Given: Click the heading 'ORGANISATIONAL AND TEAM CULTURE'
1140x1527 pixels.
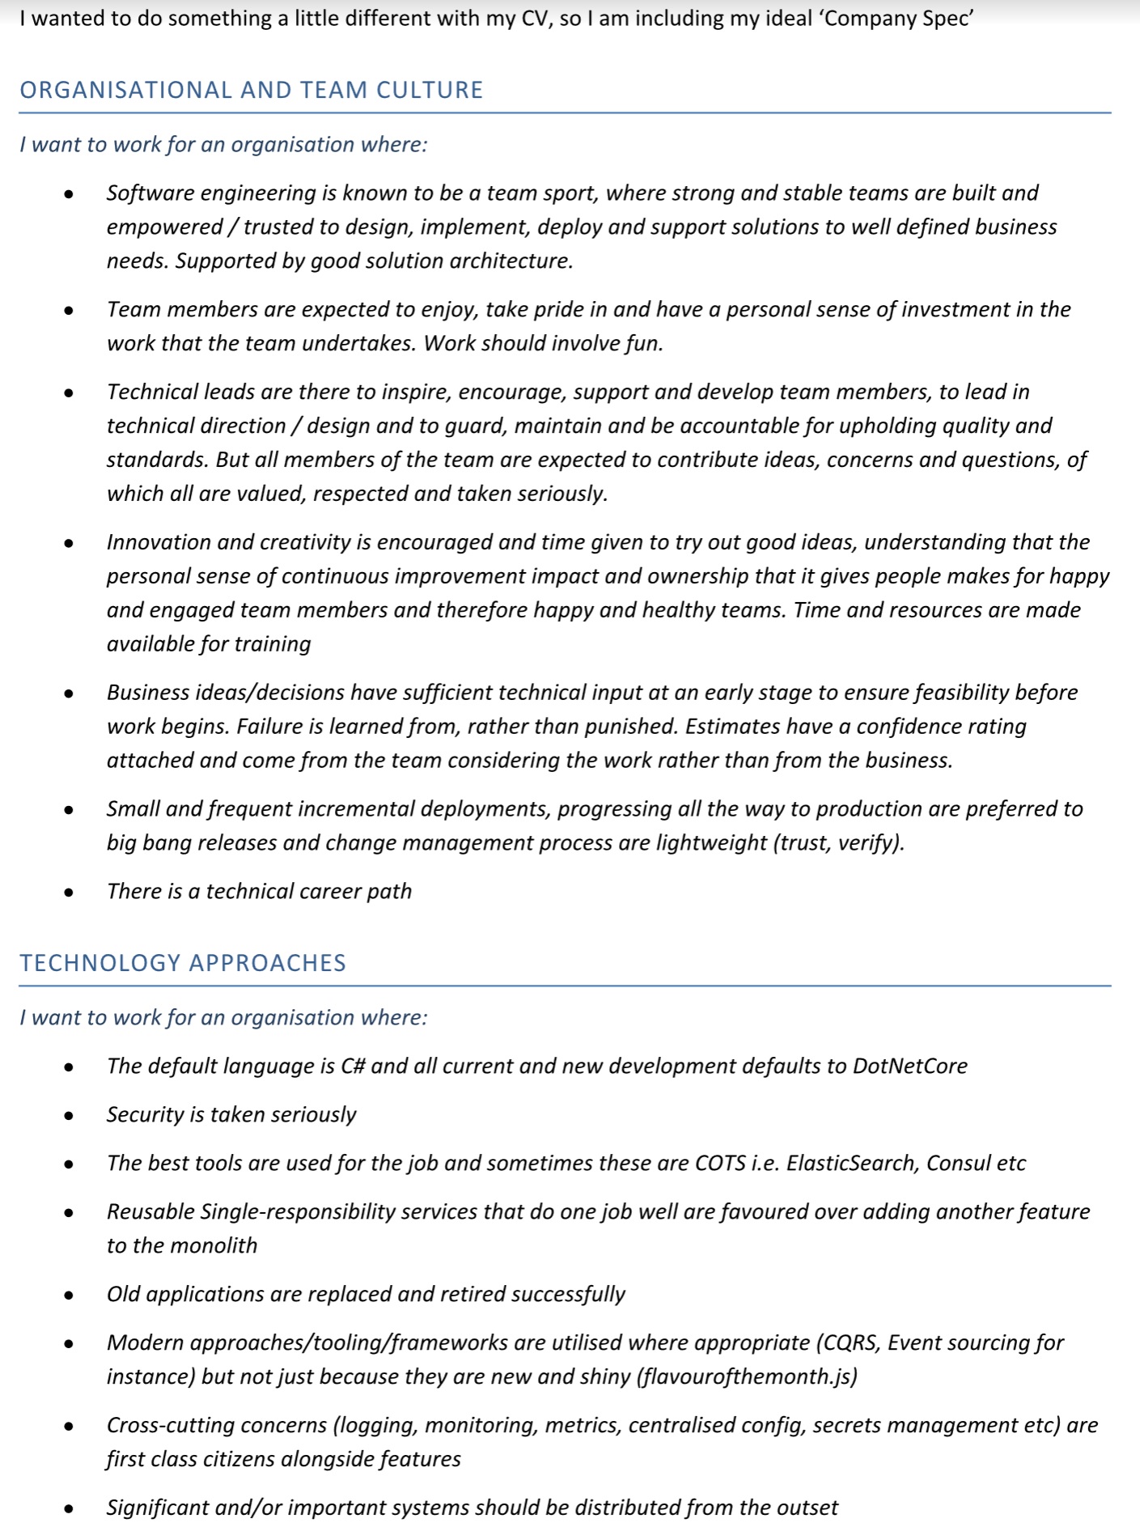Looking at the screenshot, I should [x=251, y=90].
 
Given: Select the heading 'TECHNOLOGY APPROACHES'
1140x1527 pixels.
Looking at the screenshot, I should [x=183, y=963].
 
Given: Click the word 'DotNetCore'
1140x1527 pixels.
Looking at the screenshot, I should [x=909, y=1066].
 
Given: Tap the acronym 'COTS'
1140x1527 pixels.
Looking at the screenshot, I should [x=720, y=1163].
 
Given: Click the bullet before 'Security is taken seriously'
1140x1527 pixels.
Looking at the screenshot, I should [x=69, y=1116].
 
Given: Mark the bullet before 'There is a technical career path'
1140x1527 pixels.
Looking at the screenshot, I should [x=69, y=893].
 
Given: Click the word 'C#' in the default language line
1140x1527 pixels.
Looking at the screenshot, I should [x=353, y=1066].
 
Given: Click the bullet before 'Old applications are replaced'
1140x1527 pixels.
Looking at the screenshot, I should [x=69, y=1296].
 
